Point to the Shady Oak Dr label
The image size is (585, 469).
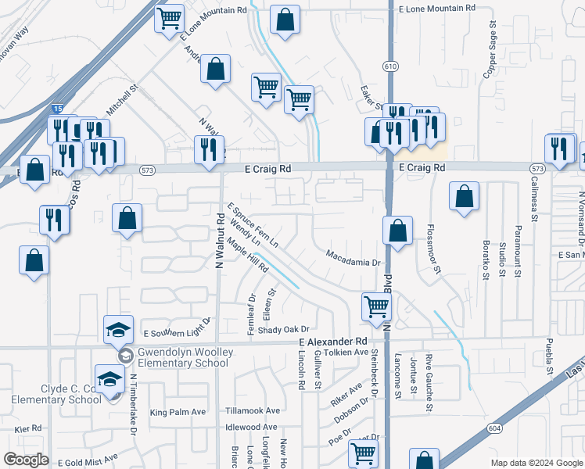pos(284,330)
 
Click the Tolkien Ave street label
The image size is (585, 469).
pos(346,353)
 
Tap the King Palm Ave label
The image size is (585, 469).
pos(178,412)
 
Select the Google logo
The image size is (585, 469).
pos(26,460)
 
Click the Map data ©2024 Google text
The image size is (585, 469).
pos(536,463)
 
